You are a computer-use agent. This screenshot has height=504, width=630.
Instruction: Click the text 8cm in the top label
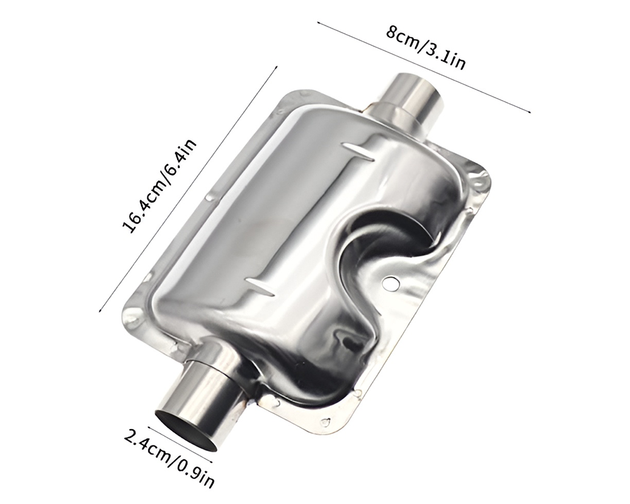click(x=401, y=40)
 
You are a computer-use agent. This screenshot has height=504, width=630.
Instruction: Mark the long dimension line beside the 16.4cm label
click(x=189, y=189)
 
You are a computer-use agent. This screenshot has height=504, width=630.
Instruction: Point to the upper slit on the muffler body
click(x=359, y=151)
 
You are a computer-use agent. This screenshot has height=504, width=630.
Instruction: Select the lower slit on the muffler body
click(x=259, y=285)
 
